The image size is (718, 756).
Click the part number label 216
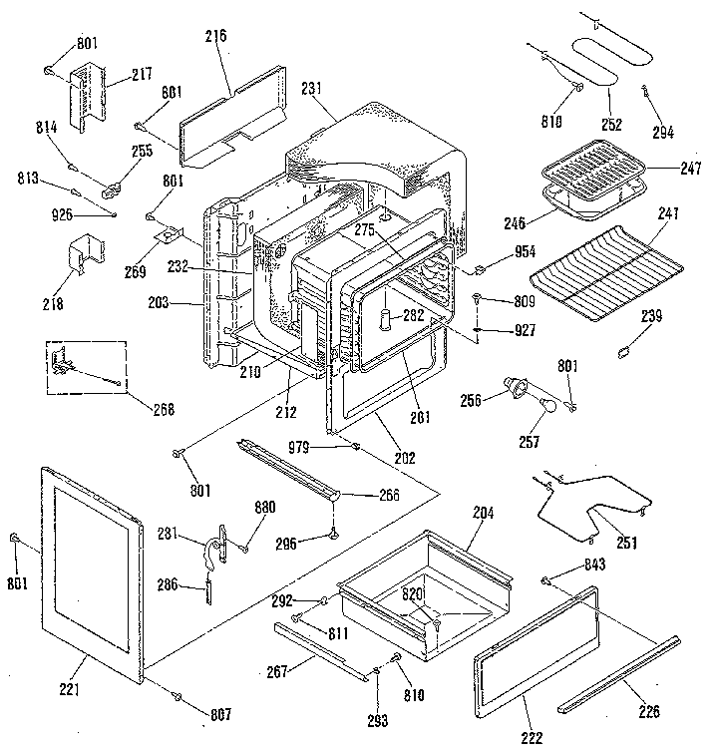(x=215, y=36)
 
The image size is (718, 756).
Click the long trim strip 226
(x=618, y=675)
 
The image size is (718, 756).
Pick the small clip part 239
(x=625, y=349)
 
